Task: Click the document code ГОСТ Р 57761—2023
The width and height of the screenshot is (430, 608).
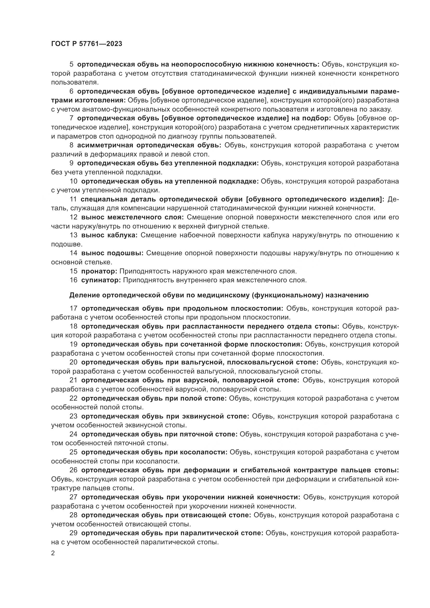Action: coord(87,44)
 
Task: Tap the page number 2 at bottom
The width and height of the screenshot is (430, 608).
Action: coord(53,554)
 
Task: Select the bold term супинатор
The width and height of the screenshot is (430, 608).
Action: coord(101,280)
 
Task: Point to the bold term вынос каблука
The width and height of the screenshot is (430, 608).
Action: coord(109,235)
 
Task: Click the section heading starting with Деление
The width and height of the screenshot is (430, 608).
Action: coord(219,295)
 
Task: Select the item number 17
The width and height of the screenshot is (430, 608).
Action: coord(73,309)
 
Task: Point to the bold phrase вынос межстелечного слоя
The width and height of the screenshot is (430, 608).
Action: coord(132,217)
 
